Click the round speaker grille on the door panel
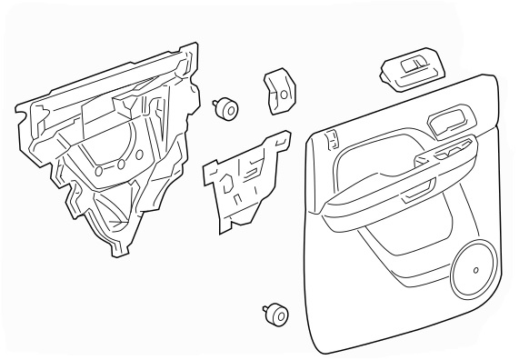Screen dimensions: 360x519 tap(475, 267)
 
